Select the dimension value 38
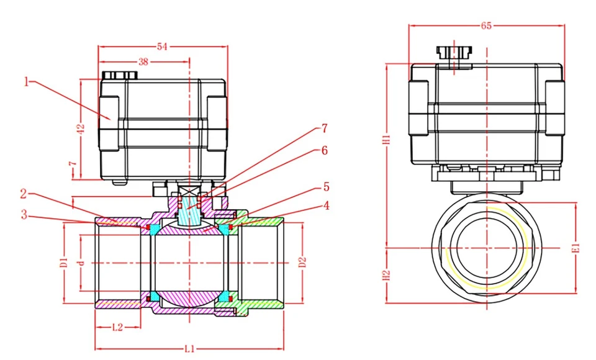143,62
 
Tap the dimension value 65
487,25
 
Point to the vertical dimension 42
80,129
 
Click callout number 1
27,81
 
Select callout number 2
24,194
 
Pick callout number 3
24,215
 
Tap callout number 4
325,206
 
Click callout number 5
325,186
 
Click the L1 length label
190,348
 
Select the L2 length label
117,326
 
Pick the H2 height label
386,275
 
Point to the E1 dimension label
576,246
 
